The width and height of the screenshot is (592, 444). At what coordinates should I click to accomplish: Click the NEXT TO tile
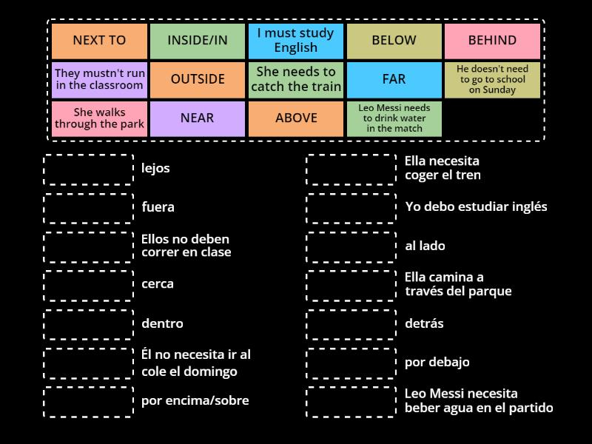(x=99, y=41)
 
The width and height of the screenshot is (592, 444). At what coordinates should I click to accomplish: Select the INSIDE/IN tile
(x=198, y=41)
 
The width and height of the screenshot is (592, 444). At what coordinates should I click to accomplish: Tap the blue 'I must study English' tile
(x=295, y=41)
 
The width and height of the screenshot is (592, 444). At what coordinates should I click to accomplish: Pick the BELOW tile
(x=394, y=41)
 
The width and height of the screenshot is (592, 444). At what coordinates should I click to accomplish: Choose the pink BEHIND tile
(x=492, y=41)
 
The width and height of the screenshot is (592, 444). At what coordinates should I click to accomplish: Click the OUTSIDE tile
(x=198, y=80)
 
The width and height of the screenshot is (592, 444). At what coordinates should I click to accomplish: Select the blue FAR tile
(x=394, y=80)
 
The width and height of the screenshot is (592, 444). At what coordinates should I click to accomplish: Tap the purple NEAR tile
(x=198, y=118)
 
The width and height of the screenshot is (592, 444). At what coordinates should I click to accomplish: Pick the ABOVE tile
(x=295, y=118)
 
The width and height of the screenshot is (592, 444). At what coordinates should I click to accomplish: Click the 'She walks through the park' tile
(x=99, y=118)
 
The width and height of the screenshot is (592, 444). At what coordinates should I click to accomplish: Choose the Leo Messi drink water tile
(x=394, y=118)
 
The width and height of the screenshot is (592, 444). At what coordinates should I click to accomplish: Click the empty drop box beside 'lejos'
(x=88, y=169)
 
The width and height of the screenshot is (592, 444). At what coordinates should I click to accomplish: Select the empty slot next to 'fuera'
(x=88, y=209)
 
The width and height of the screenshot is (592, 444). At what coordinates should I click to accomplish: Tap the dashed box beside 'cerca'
(x=88, y=286)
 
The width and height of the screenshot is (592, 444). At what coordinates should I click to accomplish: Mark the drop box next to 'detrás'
(x=351, y=325)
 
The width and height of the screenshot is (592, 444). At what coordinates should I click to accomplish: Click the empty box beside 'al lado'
(x=351, y=247)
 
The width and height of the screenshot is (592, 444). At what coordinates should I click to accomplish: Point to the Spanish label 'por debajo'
(x=437, y=363)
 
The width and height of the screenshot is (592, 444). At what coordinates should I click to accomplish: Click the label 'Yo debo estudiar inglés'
(x=476, y=206)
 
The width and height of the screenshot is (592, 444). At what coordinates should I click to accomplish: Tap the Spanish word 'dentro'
(x=162, y=323)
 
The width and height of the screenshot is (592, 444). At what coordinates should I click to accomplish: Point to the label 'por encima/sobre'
(x=195, y=400)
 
